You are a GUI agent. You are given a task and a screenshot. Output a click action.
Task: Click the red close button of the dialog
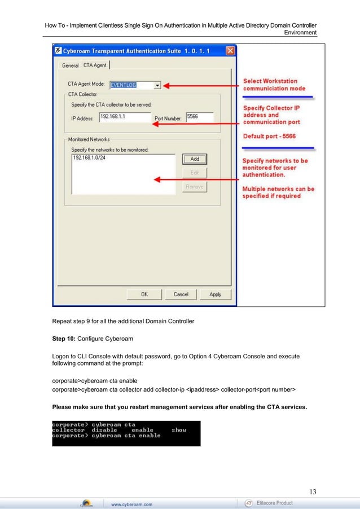pyautogui.click(x=230, y=51)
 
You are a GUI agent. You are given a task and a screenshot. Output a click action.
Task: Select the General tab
pyautogui.click(x=70, y=65)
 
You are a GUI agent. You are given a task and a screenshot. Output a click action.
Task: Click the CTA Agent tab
pyautogui.click(x=95, y=65)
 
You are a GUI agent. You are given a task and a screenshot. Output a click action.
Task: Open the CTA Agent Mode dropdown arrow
pyautogui.click(x=157, y=85)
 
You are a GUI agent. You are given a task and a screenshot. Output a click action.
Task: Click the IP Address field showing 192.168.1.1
pyautogui.click(x=124, y=117)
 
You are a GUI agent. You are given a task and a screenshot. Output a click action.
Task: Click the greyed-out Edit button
pyautogui.click(x=194, y=173)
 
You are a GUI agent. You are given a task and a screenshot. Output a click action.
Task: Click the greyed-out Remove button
pyautogui.click(x=194, y=187)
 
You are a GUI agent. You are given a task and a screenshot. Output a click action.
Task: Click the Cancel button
pyautogui.click(x=181, y=294)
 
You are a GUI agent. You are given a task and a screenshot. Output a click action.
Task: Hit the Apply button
pyautogui.click(x=215, y=294)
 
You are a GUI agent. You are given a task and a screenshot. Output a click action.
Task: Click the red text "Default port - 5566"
pyautogui.click(x=269, y=136)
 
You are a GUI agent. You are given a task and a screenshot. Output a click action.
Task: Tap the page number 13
pyautogui.click(x=312, y=491)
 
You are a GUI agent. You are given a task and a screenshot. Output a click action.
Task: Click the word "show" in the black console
pyautogui.click(x=179, y=429)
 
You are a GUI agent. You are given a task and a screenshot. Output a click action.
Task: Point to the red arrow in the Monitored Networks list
pyautogui.click(x=197, y=181)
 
